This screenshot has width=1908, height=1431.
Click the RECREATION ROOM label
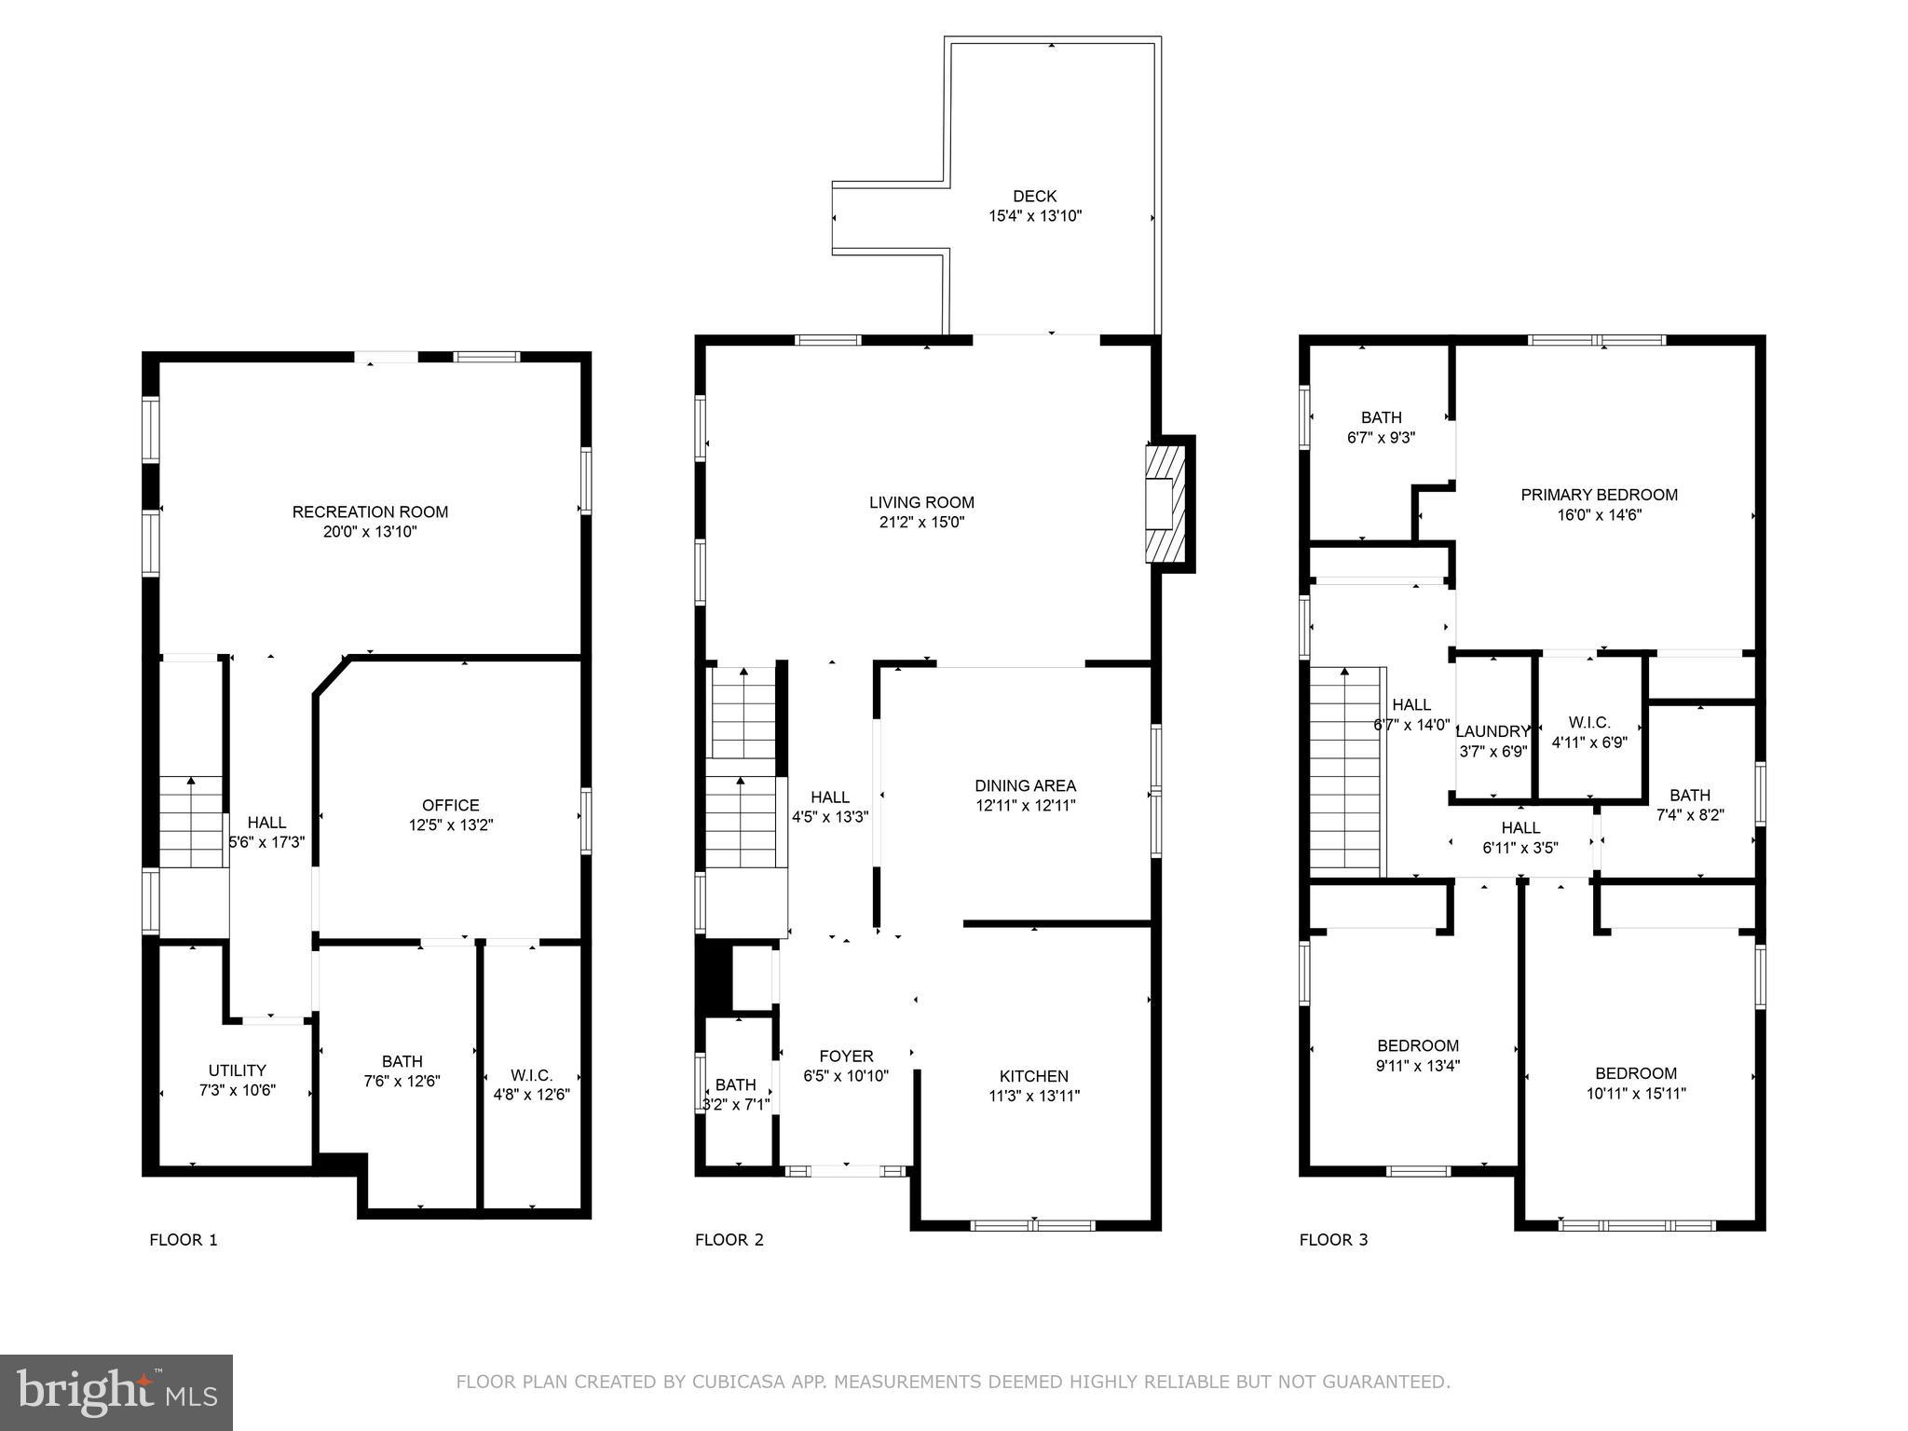(x=370, y=511)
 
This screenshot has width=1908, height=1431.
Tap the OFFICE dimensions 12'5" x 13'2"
(x=450, y=825)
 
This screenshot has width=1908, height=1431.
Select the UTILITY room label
(x=237, y=1070)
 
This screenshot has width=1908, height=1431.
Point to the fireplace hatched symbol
(x=1165, y=504)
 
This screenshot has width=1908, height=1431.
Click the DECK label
(x=1034, y=197)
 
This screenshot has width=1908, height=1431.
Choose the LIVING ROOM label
(x=921, y=502)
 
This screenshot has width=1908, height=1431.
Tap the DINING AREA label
(x=1025, y=785)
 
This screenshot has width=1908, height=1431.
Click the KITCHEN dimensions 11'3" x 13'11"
(x=1033, y=1096)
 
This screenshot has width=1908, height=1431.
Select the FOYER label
(x=846, y=1056)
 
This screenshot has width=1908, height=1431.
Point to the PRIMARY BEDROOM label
(x=1599, y=495)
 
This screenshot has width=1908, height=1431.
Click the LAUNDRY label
(x=1492, y=731)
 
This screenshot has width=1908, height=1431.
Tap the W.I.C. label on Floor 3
(x=1588, y=723)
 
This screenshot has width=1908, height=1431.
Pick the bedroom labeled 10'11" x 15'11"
(x=1635, y=1083)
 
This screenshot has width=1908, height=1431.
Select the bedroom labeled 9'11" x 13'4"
(x=1418, y=1056)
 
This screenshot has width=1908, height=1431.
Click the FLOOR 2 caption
(x=729, y=1239)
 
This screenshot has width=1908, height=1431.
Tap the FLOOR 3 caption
(x=1333, y=1239)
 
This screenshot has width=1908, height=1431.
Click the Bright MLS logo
(x=116, y=1392)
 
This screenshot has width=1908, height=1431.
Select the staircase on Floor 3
(x=1344, y=773)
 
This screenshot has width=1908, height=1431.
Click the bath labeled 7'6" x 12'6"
(x=402, y=1071)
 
